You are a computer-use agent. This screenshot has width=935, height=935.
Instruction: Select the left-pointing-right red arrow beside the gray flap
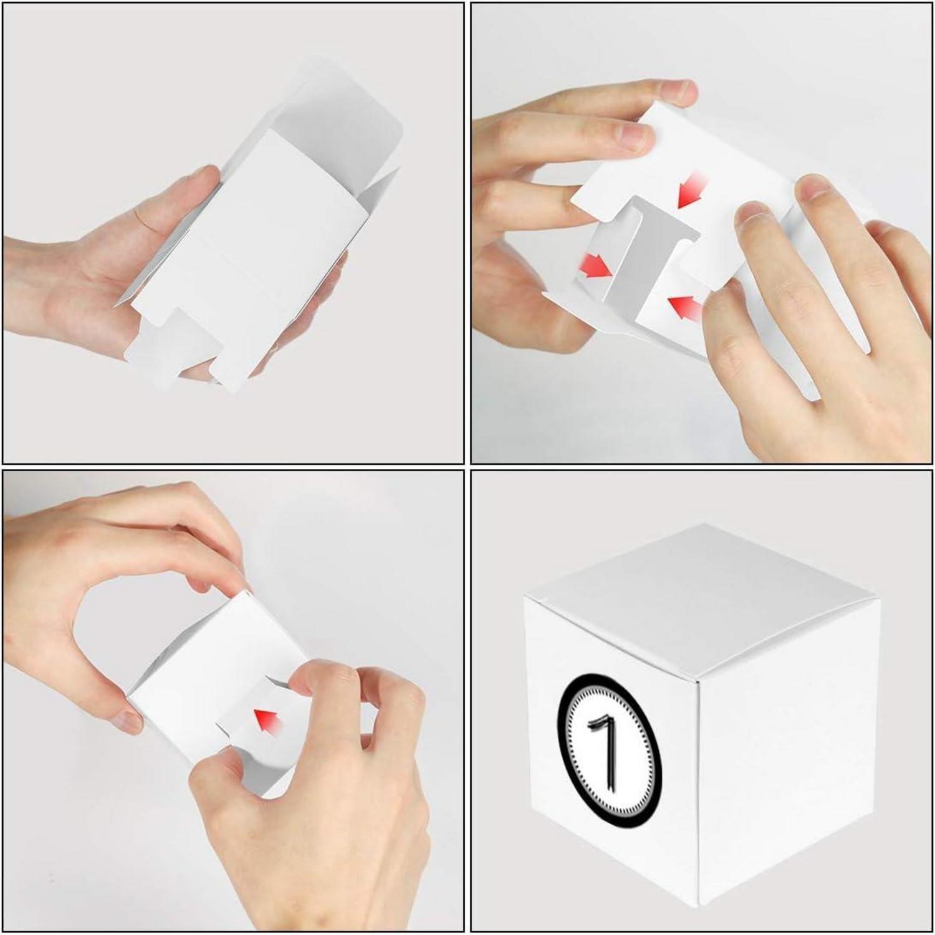pos(596,266)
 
